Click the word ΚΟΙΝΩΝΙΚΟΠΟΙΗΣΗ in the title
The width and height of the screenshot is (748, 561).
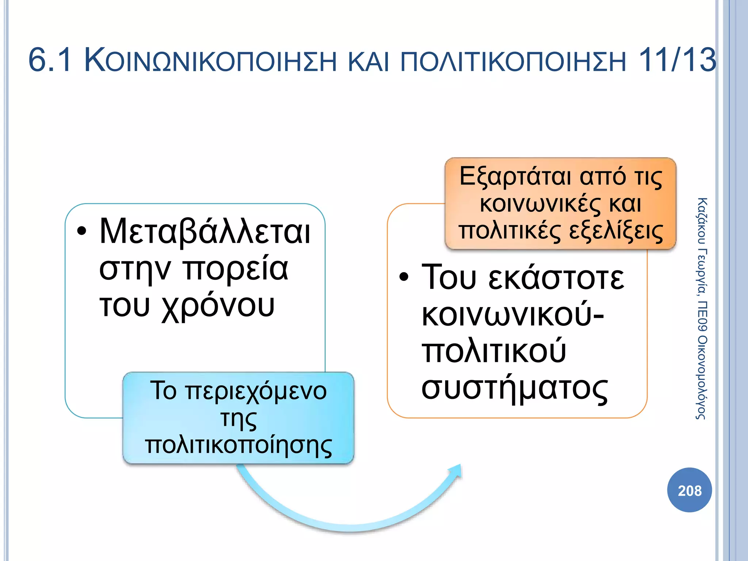pyautogui.click(x=210, y=61)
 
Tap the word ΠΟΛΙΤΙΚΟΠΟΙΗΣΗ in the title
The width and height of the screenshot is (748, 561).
pyautogui.click(x=513, y=61)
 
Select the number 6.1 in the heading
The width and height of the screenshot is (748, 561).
pyautogui.click(x=50, y=60)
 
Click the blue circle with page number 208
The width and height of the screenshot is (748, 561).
pyautogui.click(x=689, y=490)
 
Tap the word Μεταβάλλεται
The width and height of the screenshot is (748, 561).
pyautogui.click(x=205, y=232)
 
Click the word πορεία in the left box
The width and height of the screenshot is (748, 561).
pyautogui.click(x=236, y=270)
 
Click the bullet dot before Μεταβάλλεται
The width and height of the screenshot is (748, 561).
pyautogui.click(x=82, y=231)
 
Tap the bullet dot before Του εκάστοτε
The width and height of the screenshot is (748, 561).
pyautogui.click(x=404, y=276)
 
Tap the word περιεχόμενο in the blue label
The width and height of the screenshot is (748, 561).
pyautogui.click(x=256, y=391)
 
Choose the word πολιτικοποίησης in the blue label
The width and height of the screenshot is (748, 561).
pyautogui.click(x=238, y=446)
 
